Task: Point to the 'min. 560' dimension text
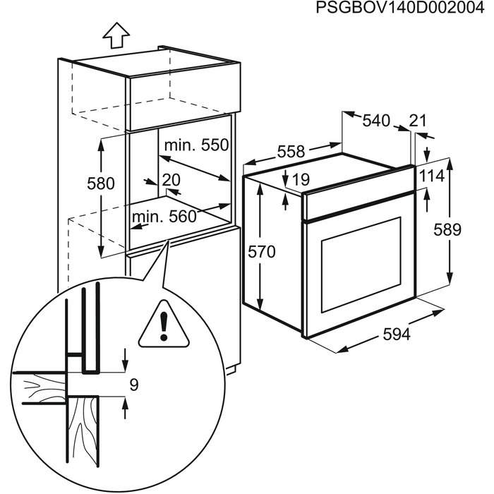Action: click(x=162, y=217)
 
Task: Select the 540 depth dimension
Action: click(x=375, y=121)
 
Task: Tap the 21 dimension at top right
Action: click(x=418, y=121)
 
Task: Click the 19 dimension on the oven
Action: click(x=300, y=180)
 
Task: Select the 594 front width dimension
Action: click(x=396, y=335)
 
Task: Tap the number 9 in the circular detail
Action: click(x=134, y=385)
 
